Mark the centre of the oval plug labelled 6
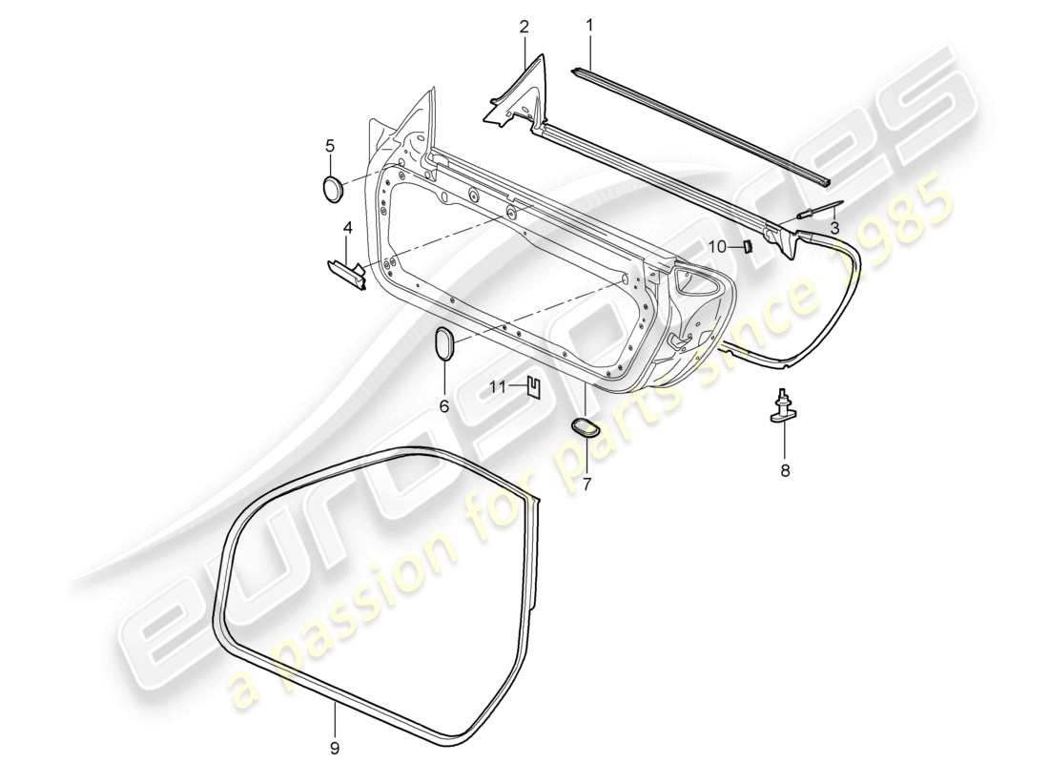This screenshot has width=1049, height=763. pos(444,341)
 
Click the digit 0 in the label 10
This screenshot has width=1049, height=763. pos(721,247)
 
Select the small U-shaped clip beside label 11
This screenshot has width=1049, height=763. pos(534,386)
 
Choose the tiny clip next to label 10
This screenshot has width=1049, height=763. pos(748,247)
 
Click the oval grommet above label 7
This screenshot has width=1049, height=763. pos(584,427)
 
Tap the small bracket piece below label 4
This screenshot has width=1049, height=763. pos(346,275)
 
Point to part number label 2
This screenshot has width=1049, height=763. pos(524,27)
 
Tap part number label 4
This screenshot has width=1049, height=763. pos(347,229)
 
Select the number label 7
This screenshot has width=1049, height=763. pos(586,485)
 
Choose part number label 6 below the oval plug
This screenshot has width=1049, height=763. pos(443,406)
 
